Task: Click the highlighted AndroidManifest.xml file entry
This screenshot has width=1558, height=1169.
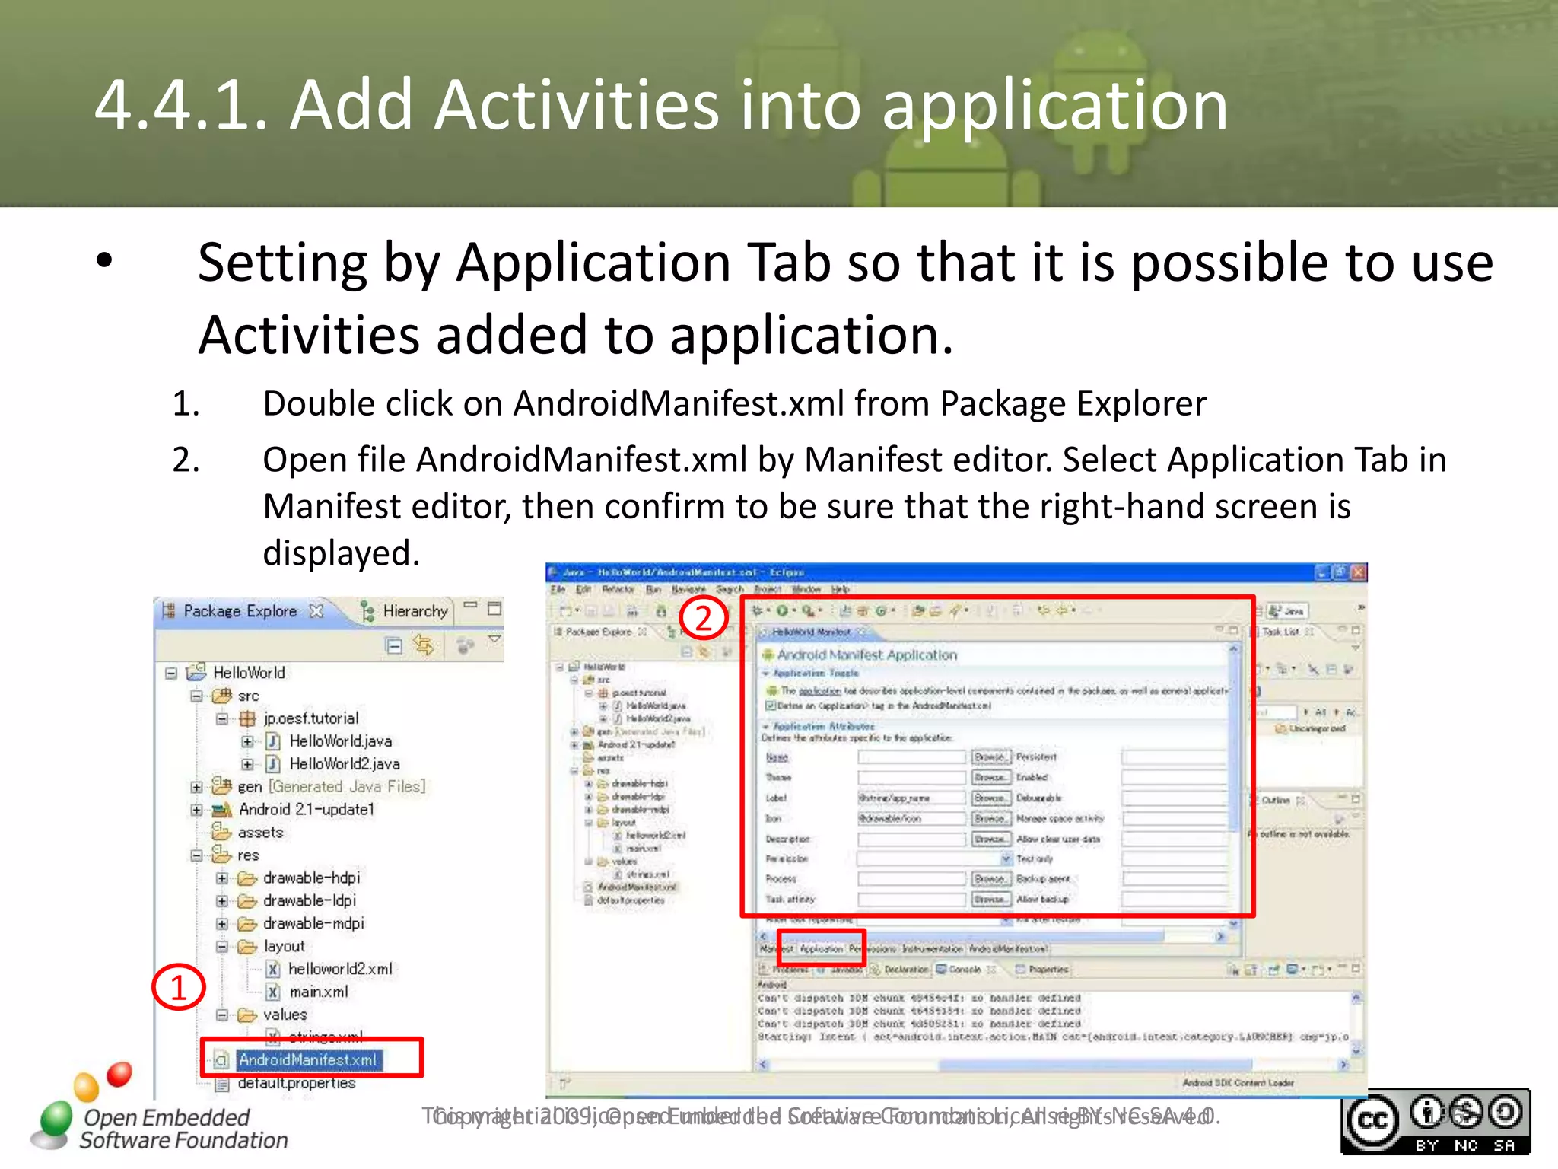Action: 307,1059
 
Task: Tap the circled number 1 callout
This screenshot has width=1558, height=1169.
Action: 179,987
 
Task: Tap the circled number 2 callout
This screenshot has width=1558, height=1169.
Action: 704,617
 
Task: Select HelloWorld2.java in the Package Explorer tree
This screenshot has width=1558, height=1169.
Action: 344,763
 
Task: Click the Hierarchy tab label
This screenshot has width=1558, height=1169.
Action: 415,611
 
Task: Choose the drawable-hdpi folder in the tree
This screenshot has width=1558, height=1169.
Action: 310,878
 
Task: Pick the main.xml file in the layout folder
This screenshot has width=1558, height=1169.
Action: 318,992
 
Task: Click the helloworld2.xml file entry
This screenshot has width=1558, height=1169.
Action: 339,969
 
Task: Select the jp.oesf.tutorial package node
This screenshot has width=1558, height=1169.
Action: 310,718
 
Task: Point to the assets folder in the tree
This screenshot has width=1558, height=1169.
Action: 259,832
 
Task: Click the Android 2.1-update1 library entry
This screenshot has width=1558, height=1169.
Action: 306,809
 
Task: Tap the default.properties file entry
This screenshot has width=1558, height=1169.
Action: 296,1083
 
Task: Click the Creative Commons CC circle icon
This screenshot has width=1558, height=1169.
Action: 1372,1121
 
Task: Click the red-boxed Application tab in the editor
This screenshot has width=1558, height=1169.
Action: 822,949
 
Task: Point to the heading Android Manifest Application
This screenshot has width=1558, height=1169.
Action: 866,655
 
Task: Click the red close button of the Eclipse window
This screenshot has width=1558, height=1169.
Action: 1359,572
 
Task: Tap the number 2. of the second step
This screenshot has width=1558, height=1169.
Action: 186,460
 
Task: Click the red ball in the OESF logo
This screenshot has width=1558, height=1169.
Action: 119,1074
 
